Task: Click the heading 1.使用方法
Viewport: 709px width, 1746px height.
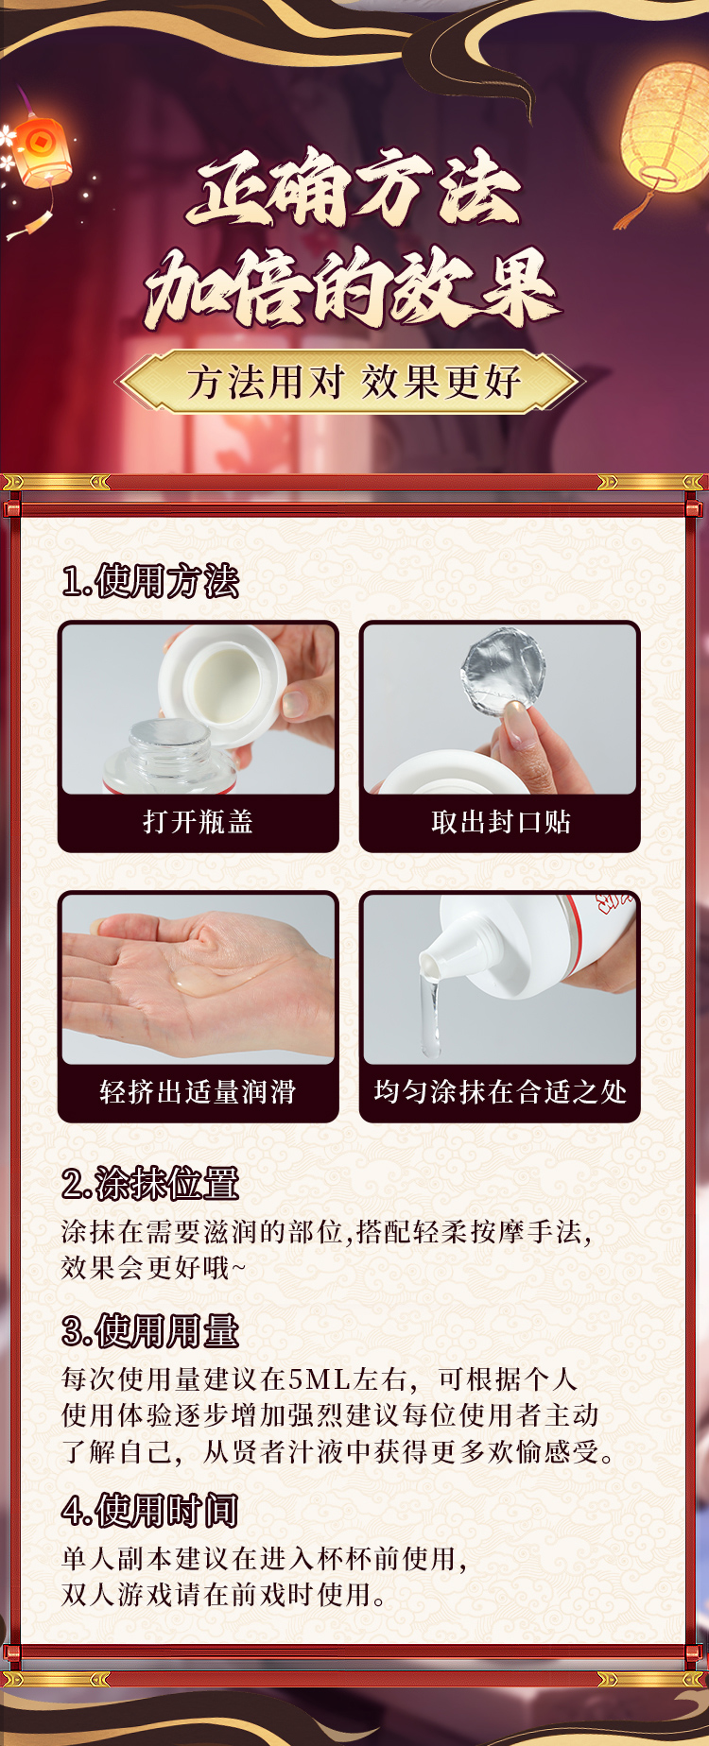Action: tap(150, 581)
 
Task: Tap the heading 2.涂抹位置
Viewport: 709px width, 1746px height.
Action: tap(150, 1184)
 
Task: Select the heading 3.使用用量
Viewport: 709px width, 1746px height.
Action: tap(150, 1331)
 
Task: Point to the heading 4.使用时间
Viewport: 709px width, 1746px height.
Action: tap(149, 1511)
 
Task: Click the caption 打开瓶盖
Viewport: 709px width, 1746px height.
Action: tap(198, 822)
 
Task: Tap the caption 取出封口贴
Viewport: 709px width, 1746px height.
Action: tap(500, 822)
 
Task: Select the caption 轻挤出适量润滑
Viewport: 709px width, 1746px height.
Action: tap(198, 1092)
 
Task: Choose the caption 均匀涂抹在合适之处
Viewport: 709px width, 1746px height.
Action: tap(500, 1092)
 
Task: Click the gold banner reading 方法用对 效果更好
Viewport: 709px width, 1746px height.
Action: tap(352, 382)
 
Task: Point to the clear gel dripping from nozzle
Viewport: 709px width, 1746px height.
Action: tap(430, 1015)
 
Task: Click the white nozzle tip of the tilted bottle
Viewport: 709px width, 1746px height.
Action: tap(434, 963)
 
